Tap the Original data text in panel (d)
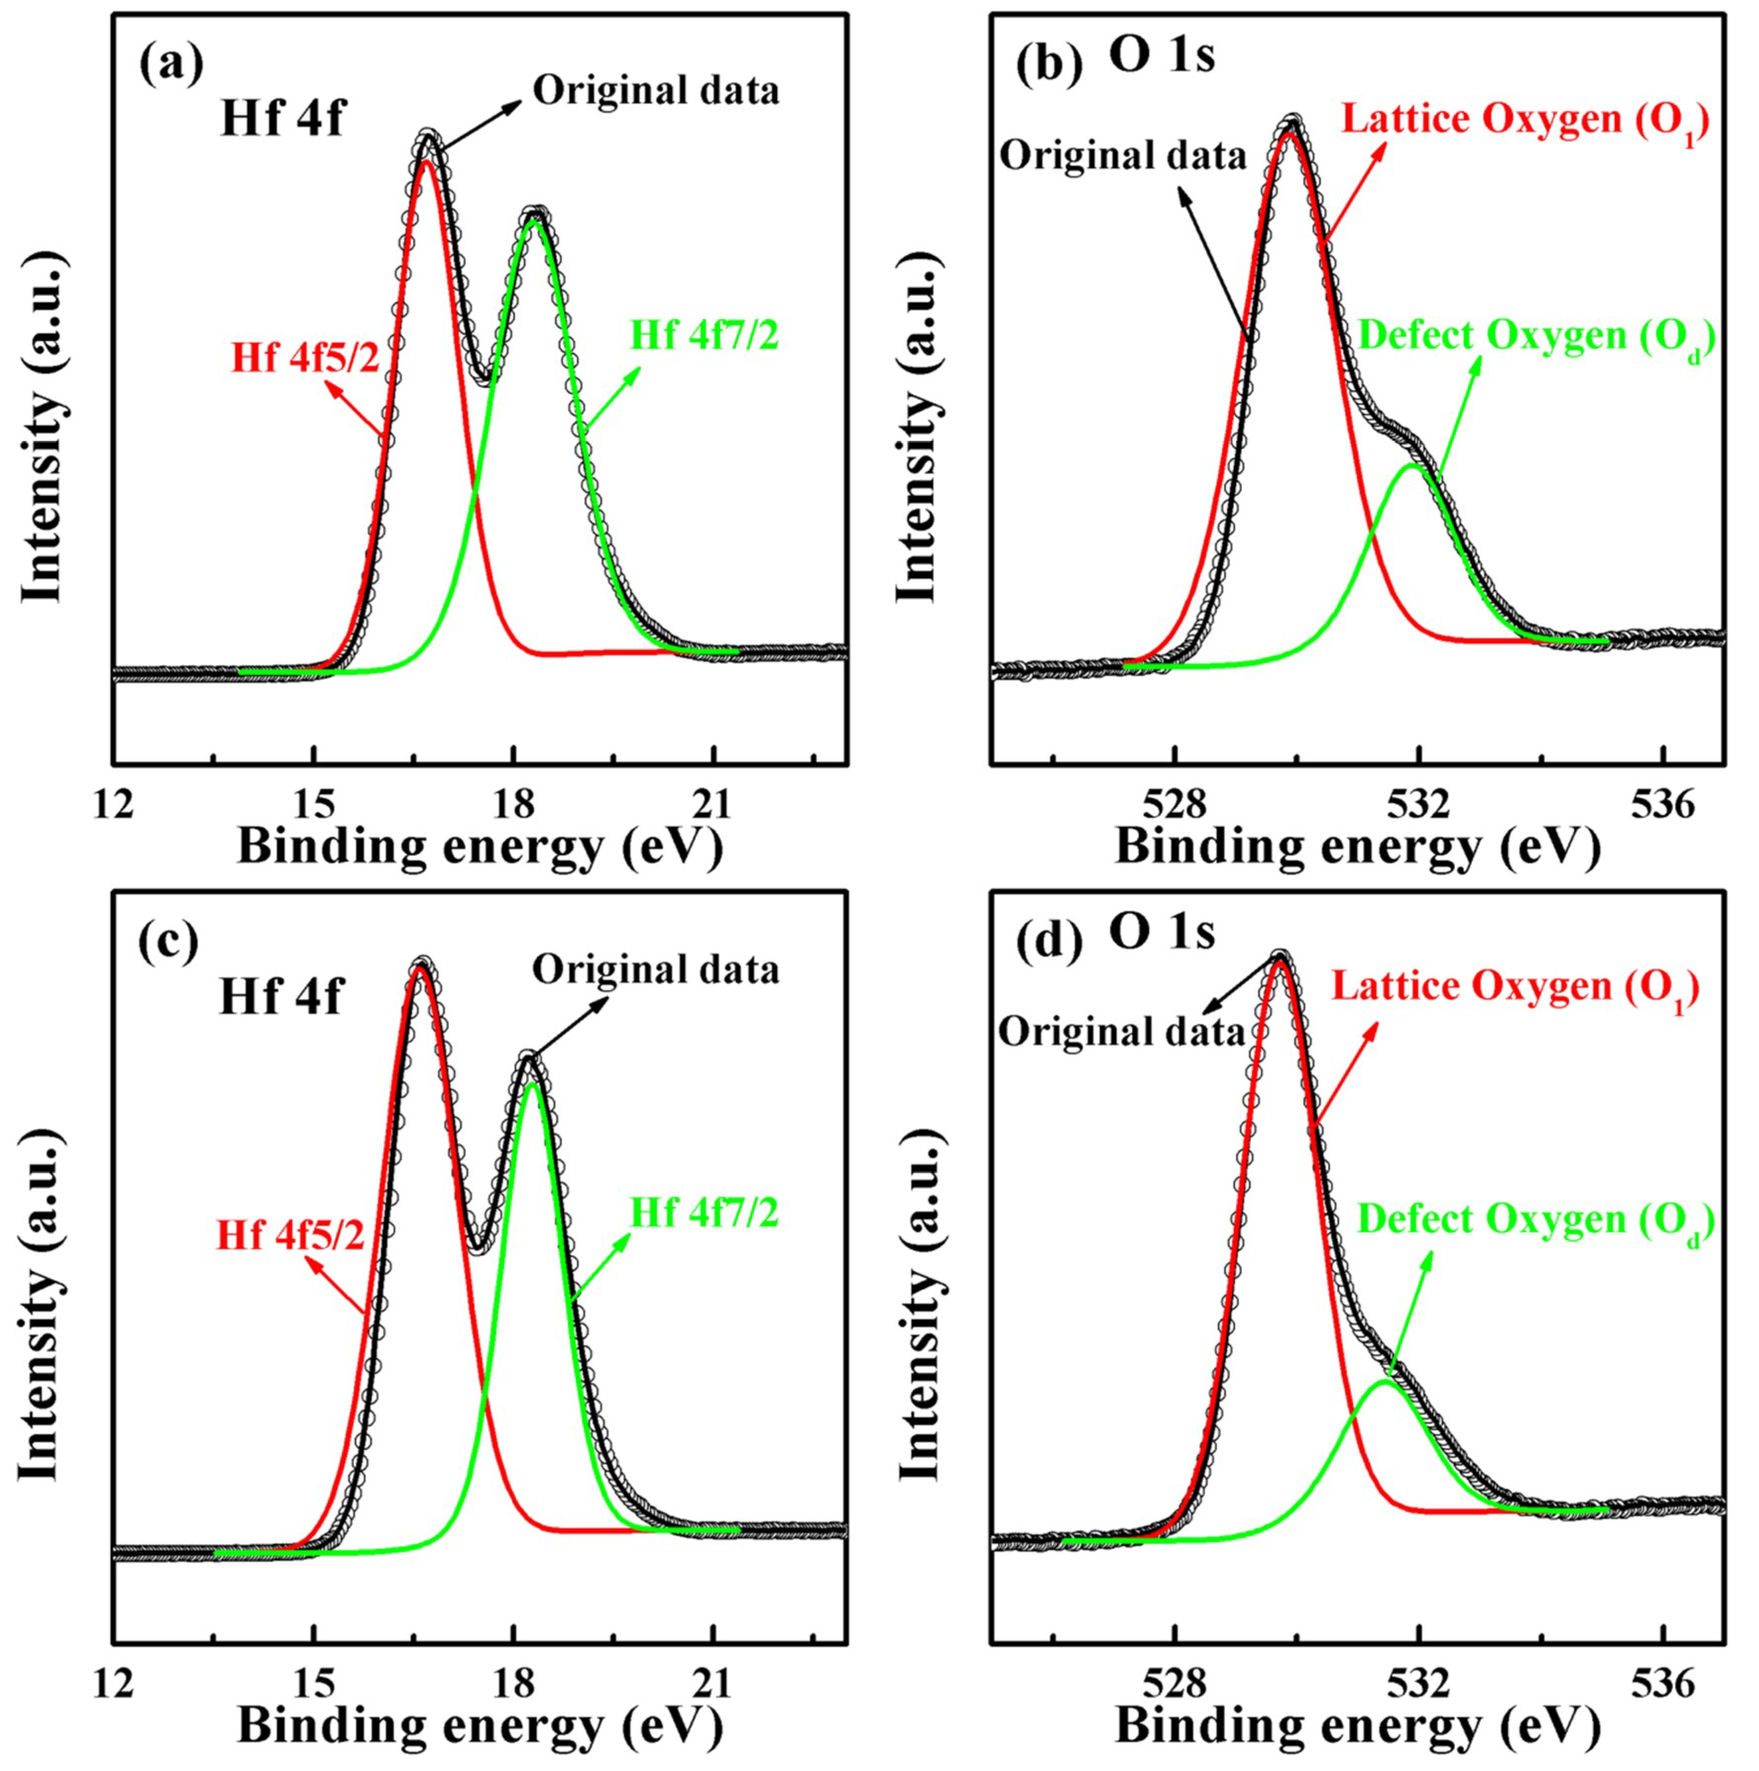click(x=1120, y=1032)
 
